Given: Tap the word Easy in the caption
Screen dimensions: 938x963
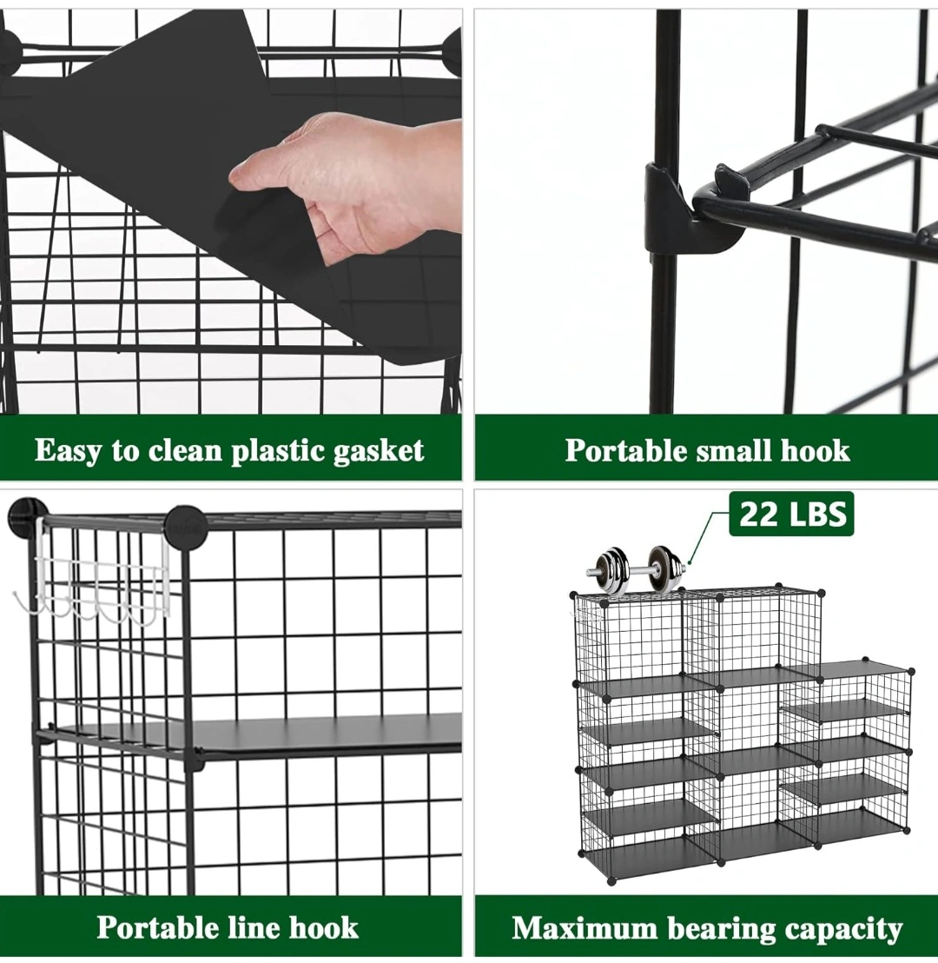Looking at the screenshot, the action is (68, 451).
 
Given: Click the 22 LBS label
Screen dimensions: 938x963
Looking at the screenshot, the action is (791, 514).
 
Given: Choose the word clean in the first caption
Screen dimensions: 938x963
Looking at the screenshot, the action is (185, 451).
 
